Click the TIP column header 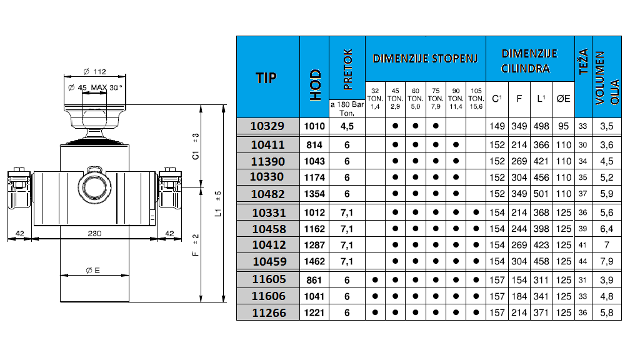(x=267, y=77)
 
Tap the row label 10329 (x=267, y=126)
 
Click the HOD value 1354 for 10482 (x=314, y=194)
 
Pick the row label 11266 (x=267, y=312)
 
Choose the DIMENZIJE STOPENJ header (x=425, y=59)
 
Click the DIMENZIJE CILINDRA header (x=529, y=61)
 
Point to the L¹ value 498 (x=541, y=126)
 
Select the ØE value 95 (x=563, y=126)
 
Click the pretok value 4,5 (x=347, y=126)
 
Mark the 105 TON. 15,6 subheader (x=476, y=98)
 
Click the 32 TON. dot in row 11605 (x=375, y=279)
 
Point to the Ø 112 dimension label (x=94, y=71)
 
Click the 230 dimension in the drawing (x=94, y=233)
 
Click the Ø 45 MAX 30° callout (x=94, y=87)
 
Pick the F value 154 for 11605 (x=518, y=279)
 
